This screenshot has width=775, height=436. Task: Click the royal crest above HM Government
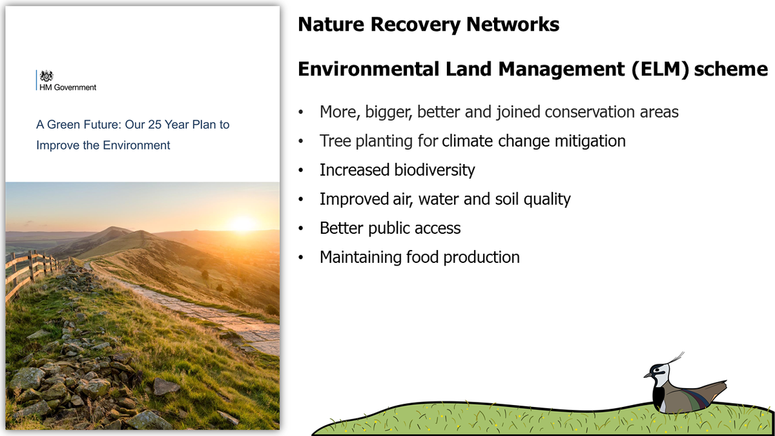[46, 76]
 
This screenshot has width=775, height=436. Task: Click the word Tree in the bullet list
[334, 141]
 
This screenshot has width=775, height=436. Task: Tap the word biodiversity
[435, 170]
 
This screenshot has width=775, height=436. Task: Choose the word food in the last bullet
[421, 257]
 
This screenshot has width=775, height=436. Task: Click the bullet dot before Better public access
[300, 229]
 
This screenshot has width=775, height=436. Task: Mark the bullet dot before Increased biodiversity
[300, 171]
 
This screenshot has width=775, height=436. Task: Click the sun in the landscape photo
[243, 223]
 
